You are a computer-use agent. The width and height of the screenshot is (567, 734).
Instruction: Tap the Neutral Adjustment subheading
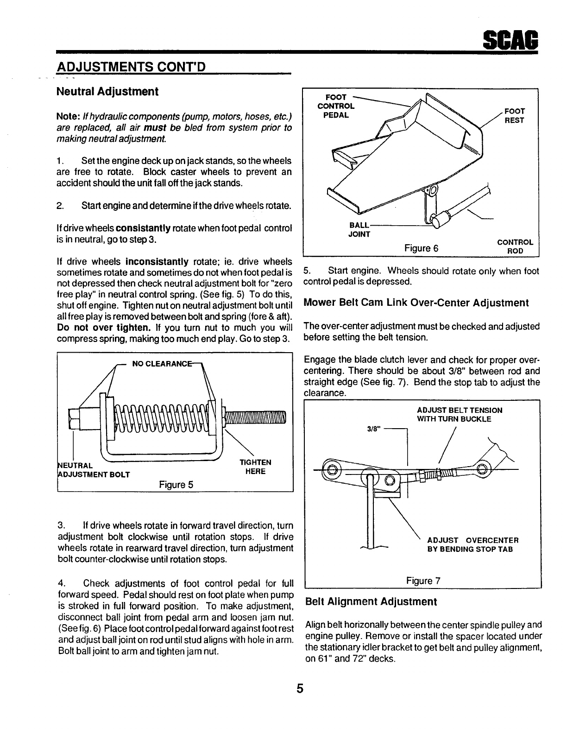(x=107, y=91)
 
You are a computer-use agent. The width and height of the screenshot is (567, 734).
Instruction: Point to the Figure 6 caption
(x=421, y=248)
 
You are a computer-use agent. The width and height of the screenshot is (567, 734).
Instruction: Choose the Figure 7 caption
(x=423, y=580)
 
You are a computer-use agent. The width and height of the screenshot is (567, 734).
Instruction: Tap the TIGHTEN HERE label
(x=255, y=467)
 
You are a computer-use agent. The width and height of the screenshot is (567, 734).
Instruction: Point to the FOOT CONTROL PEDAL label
(x=336, y=106)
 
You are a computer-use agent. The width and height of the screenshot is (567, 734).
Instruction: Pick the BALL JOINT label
(x=359, y=229)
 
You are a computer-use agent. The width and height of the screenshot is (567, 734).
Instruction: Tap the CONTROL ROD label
(x=515, y=246)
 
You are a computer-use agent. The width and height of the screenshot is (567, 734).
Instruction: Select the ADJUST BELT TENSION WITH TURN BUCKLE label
(x=459, y=414)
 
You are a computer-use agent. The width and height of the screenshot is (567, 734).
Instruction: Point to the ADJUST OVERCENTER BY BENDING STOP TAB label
(x=472, y=544)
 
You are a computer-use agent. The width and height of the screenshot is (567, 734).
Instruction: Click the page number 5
(x=300, y=689)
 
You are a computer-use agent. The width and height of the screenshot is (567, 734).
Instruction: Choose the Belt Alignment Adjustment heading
(x=371, y=601)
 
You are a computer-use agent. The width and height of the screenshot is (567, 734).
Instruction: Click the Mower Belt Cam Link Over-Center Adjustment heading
(x=416, y=303)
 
